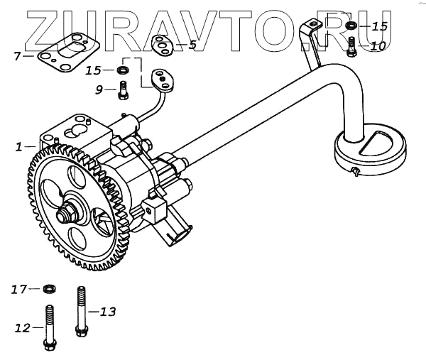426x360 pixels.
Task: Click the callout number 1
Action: pyautogui.click(x=19, y=147)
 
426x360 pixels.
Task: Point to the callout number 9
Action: pyautogui.click(x=100, y=89)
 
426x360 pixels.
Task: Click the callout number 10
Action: pyautogui.click(x=378, y=46)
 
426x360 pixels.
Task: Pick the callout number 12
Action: pyautogui.click(x=22, y=327)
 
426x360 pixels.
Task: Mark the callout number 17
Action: pyautogui.click(x=18, y=289)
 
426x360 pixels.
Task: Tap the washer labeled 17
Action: pyautogui.click(x=49, y=289)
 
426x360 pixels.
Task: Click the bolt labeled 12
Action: pyautogui.click(x=50, y=327)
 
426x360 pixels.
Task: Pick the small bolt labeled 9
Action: pyautogui.click(x=123, y=90)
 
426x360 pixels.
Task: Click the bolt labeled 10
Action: pyautogui.click(x=351, y=46)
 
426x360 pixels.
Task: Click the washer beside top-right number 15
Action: pyautogui.click(x=351, y=27)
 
